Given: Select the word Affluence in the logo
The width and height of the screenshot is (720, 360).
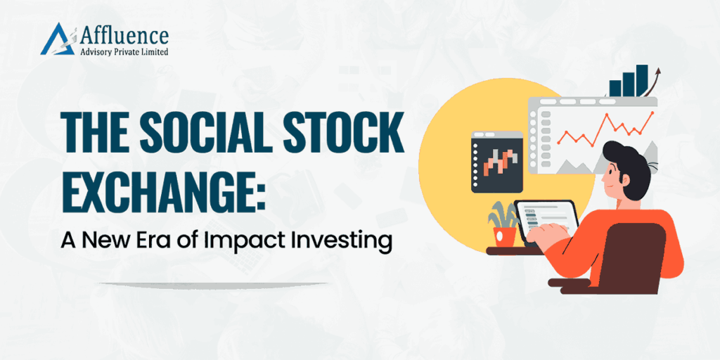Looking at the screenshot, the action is pos(124,34).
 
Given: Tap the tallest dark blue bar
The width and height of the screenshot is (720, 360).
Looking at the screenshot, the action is pos(641,80).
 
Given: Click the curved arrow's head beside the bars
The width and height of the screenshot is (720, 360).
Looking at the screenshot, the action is pos(657,72).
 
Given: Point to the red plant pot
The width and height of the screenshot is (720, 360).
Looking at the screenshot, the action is pos(505,236).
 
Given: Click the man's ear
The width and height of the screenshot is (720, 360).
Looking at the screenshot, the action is pos(623,177).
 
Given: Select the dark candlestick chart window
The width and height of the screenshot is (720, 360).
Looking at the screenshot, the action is pos(497,162).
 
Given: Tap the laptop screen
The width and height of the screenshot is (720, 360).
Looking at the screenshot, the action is pos(546,220).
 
